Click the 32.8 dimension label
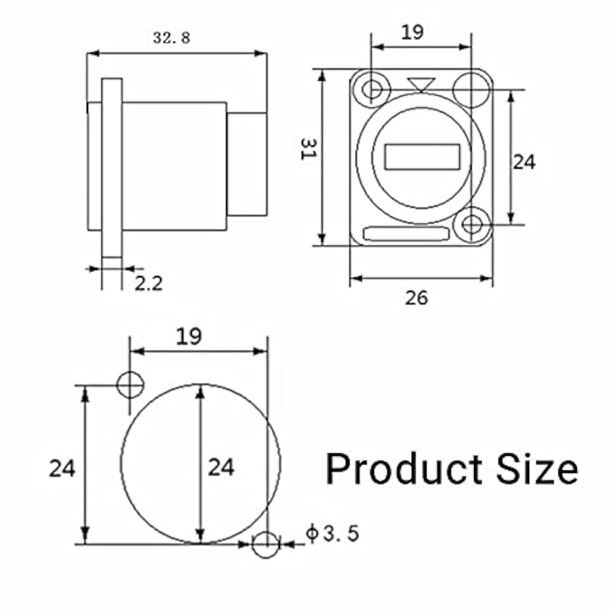pos(171,38)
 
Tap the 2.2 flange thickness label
pos(149,284)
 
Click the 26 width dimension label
pos(416,298)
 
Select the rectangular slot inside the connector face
pos(422,157)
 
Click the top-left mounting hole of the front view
pos(372,89)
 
